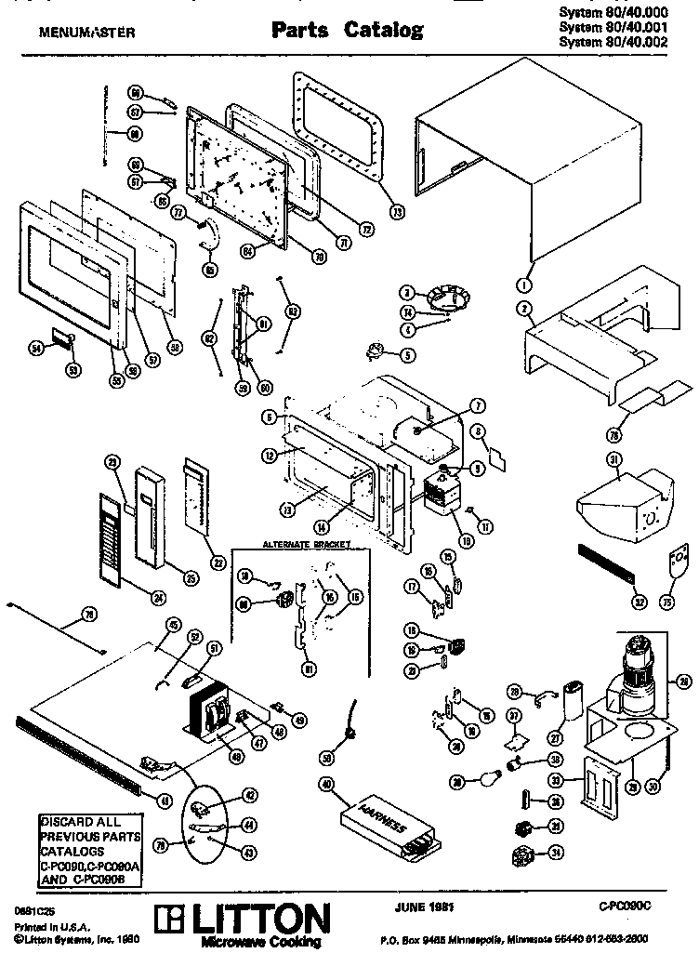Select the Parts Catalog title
pyautogui.click(x=347, y=31)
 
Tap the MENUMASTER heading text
pyautogui.click(x=86, y=33)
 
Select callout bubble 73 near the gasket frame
pyautogui.click(x=398, y=211)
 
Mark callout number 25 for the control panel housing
pyautogui.click(x=191, y=579)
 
